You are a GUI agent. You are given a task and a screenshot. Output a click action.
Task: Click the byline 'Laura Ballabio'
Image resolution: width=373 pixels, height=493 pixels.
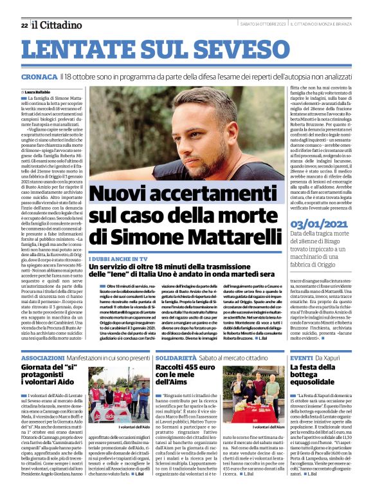tap(41, 91)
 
